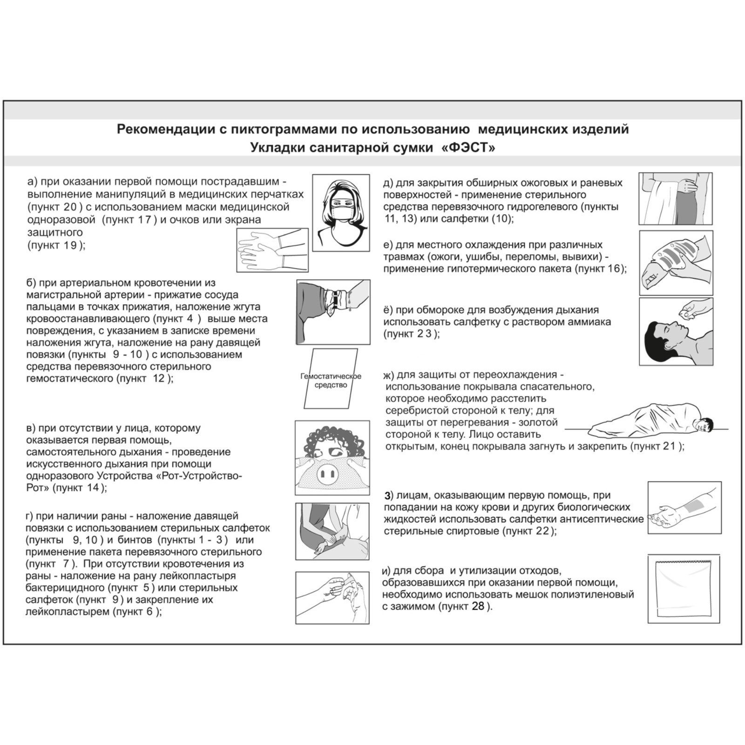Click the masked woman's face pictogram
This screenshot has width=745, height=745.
(x=341, y=213)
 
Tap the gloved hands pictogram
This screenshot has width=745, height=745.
(x=272, y=250)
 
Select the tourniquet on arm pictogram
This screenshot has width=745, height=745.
(x=333, y=312)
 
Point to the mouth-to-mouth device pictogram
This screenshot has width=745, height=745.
(x=332, y=458)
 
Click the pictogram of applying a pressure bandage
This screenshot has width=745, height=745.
(x=332, y=531)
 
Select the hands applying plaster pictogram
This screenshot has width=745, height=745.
(x=332, y=597)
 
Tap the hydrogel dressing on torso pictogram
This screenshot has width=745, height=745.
(x=676, y=199)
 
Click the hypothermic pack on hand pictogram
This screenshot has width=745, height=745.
(x=676, y=263)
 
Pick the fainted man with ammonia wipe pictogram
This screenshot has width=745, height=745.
(x=676, y=332)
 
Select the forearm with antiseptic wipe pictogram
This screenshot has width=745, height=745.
(x=684, y=508)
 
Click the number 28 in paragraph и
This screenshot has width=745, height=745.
(x=478, y=606)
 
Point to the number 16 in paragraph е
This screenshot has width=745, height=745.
(x=613, y=269)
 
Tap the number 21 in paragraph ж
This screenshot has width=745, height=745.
(x=669, y=446)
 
